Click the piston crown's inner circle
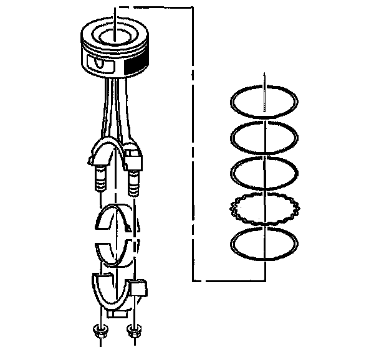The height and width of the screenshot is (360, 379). coord(114,32)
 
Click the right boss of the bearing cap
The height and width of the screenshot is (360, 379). coord(141,288)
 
